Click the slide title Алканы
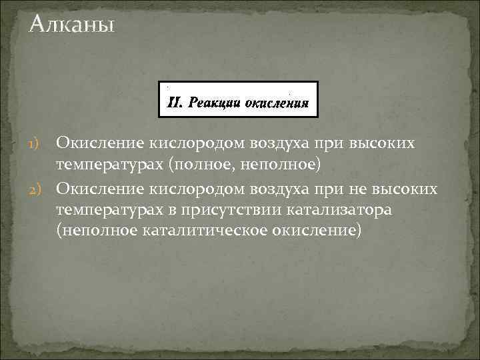pos(72,26)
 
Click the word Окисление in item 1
pos(98,143)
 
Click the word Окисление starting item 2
pos(98,190)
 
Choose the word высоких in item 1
pos(387,143)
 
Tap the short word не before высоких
pos(354,190)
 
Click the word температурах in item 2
pos(106,210)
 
